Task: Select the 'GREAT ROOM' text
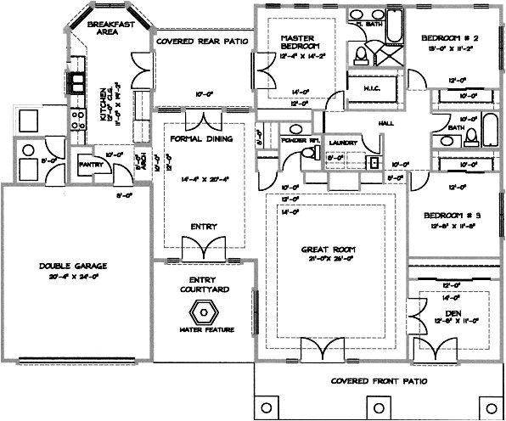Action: pyautogui.click(x=327, y=250)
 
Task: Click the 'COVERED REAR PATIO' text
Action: pyautogui.click(x=201, y=40)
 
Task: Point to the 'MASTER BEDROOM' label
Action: pyautogui.click(x=299, y=42)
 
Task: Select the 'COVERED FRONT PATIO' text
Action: pyautogui.click(x=378, y=381)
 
